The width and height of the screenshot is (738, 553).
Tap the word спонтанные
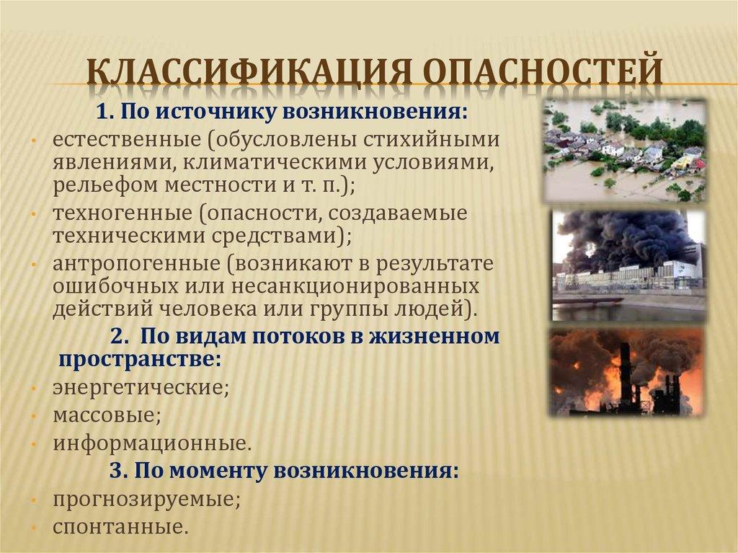(119, 526)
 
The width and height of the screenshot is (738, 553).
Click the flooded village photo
(624, 151)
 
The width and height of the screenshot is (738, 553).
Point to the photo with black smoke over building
(628, 265)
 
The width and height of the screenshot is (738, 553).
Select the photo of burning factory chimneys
(626, 372)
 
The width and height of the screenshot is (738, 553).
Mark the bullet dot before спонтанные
(35, 526)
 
